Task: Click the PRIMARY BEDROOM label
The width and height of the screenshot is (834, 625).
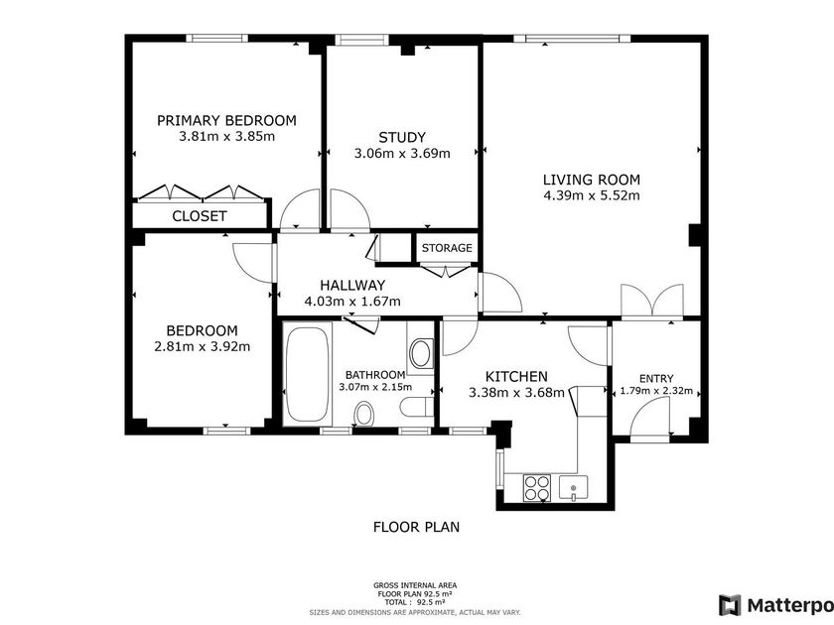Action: pos(226,121)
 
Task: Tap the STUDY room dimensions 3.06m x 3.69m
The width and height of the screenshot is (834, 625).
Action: pos(402,154)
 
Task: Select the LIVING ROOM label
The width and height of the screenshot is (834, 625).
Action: pos(592,180)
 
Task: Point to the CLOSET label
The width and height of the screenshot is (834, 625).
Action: pos(200,216)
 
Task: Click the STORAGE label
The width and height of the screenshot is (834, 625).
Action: pos(447,248)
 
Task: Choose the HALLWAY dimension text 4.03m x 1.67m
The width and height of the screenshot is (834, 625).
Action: pos(352,302)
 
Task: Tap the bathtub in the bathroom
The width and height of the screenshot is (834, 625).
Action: pos(307,374)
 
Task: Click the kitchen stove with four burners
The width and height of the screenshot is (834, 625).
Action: pos(536,488)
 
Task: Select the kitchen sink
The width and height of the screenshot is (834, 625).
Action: pos(574,488)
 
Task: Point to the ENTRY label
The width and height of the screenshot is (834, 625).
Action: pos(656,378)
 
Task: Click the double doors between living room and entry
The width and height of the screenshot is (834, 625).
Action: pos(652,301)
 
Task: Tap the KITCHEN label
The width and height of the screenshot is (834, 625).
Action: pos(516,377)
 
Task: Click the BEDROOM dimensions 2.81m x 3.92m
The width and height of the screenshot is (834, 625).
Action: pos(203,347)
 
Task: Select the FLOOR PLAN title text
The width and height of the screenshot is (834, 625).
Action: pos(416,527)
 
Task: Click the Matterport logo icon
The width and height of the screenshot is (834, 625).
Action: pos(730,605)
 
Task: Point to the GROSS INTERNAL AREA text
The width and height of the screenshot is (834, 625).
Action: pos(415,585)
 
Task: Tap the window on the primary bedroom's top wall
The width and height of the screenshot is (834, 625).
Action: pos(216,39)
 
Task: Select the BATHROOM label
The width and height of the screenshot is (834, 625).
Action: pos(375,375)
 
